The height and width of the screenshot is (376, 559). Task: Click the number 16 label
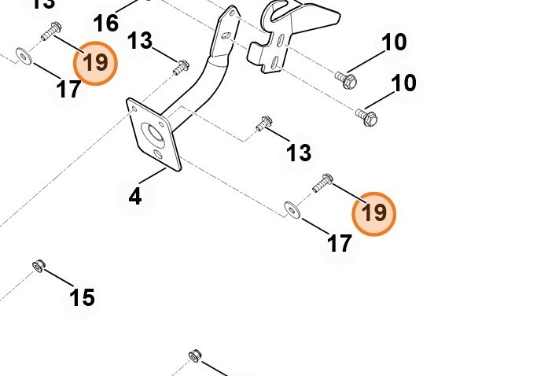click(x=106, y=22)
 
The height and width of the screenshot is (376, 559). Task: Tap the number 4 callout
click(x=134, y=196)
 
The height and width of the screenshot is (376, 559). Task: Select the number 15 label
click(x=82, y=297)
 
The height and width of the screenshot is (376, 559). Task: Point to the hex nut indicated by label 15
click(x=38, y=265)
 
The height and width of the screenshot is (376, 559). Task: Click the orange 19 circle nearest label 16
click(x=95, y=62)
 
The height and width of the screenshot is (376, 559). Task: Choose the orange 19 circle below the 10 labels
click(x=374, y=212)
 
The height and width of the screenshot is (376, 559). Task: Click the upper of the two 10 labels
click(x=393, y=42)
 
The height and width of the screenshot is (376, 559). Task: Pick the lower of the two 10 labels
click(x=403, y=82)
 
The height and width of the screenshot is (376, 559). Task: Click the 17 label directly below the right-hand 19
click(x=339, y=243)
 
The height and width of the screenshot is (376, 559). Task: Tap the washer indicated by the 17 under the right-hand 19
click(x=292, y=208)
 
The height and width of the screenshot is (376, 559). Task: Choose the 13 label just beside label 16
click(x=140, y=41)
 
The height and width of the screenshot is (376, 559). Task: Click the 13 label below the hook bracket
click(x=298, y=153)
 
